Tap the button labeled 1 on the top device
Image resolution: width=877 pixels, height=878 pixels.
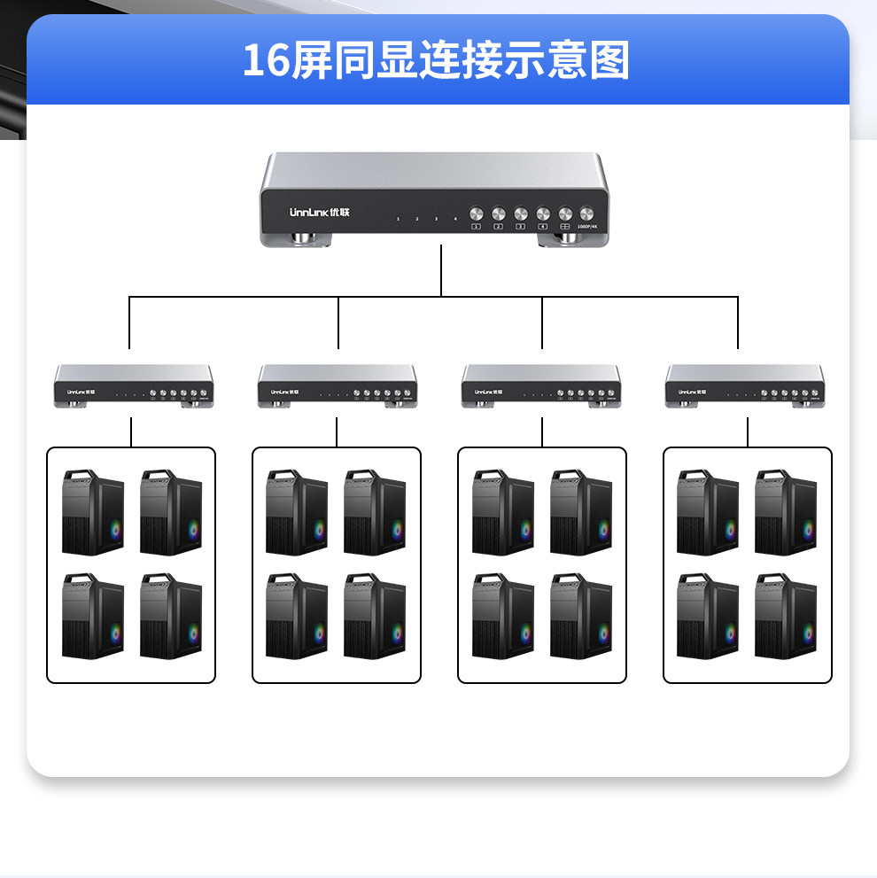(476, 214)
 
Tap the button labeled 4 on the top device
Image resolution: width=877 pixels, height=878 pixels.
(541, 214)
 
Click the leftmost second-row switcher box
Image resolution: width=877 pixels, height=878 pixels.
(134, 386)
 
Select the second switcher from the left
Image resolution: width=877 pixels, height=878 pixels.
(338, 386)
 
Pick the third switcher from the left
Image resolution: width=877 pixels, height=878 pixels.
(541, 386)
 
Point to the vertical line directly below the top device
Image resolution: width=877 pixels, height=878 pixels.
(441, 271)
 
